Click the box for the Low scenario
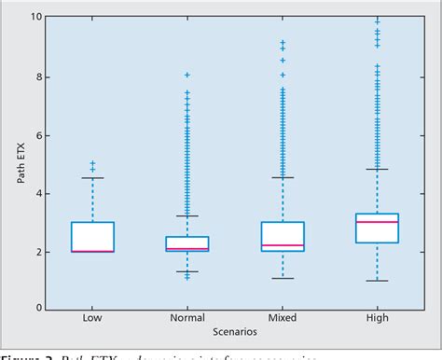click(92, 237)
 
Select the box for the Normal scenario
click(187, 243)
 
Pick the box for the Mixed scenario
click(282, 236)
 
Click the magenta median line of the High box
click(377, 222)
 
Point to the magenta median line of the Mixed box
click(282, 245)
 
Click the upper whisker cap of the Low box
click(92, 178)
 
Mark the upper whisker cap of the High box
click(377, 169)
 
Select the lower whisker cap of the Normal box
click(187, 271)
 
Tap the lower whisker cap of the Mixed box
click(282, 278)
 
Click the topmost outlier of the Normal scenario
click(187, 75)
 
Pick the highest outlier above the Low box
click(92, 163)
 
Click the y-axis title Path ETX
click(20, 163)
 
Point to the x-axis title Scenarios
click(234, 332)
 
